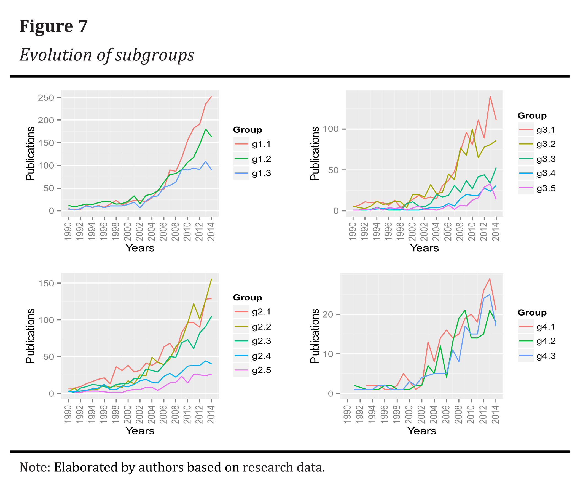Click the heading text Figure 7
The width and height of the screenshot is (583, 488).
(53, 26)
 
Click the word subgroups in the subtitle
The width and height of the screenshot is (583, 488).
(155, 55)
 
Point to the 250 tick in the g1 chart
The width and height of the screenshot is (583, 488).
(46, 98)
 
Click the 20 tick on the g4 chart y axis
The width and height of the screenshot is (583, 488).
(328, 314)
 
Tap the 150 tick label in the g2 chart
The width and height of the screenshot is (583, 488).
(46, 283)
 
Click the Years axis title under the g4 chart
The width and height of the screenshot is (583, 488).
(422, 431)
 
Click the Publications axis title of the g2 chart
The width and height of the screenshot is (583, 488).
(30, 336)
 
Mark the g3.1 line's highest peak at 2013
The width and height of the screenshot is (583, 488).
(490, 96)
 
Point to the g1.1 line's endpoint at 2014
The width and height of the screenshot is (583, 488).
(211, 97)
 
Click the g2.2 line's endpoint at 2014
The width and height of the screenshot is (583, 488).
(211, 279)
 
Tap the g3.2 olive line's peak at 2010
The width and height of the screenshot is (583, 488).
(472, 129)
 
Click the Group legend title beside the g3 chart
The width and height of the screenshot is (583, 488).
(532, 116)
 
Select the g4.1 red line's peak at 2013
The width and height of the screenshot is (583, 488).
(490, 279)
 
